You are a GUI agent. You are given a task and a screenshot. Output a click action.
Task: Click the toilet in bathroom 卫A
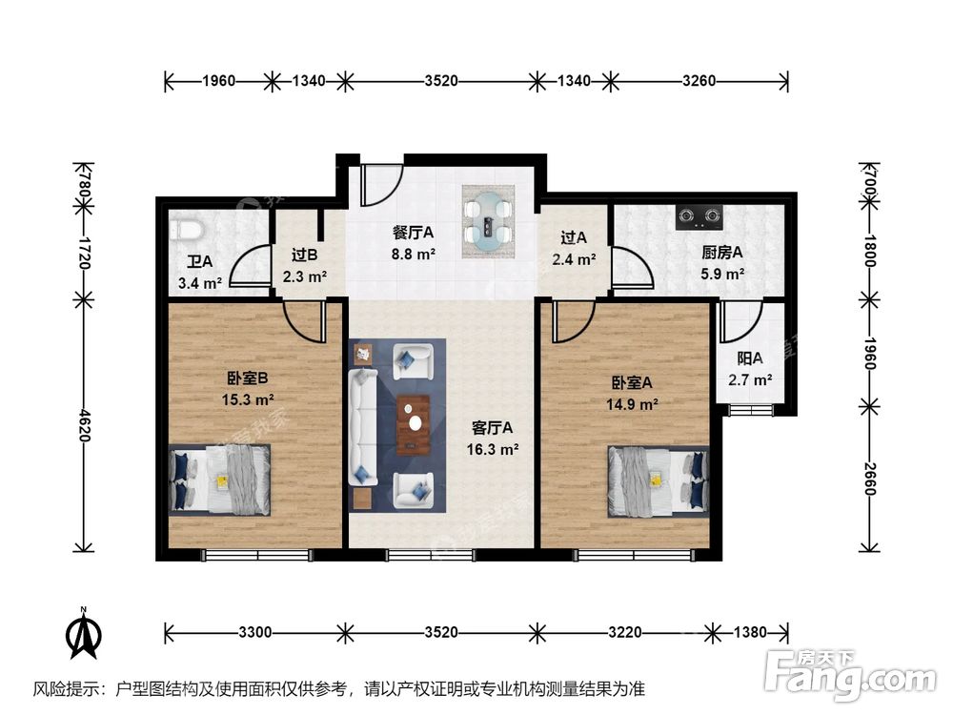[x=186, y=230]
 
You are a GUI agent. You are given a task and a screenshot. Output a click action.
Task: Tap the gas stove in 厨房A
[x=699, y=217]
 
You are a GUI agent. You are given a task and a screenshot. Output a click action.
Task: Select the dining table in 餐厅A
[x=488, y=223]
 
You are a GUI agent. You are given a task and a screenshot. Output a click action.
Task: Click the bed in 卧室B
[x=220, y=479]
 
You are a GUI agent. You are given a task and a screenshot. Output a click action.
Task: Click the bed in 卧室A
[x=659, y=479]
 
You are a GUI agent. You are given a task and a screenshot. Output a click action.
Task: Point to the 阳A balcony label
[x=750, y=359]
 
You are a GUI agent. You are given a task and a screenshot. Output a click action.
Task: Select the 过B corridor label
[x=304, y=255]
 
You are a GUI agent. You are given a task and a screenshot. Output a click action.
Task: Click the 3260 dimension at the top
[x=699, y=82]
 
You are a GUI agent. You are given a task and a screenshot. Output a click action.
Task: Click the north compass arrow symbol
[x=84, y=633]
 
